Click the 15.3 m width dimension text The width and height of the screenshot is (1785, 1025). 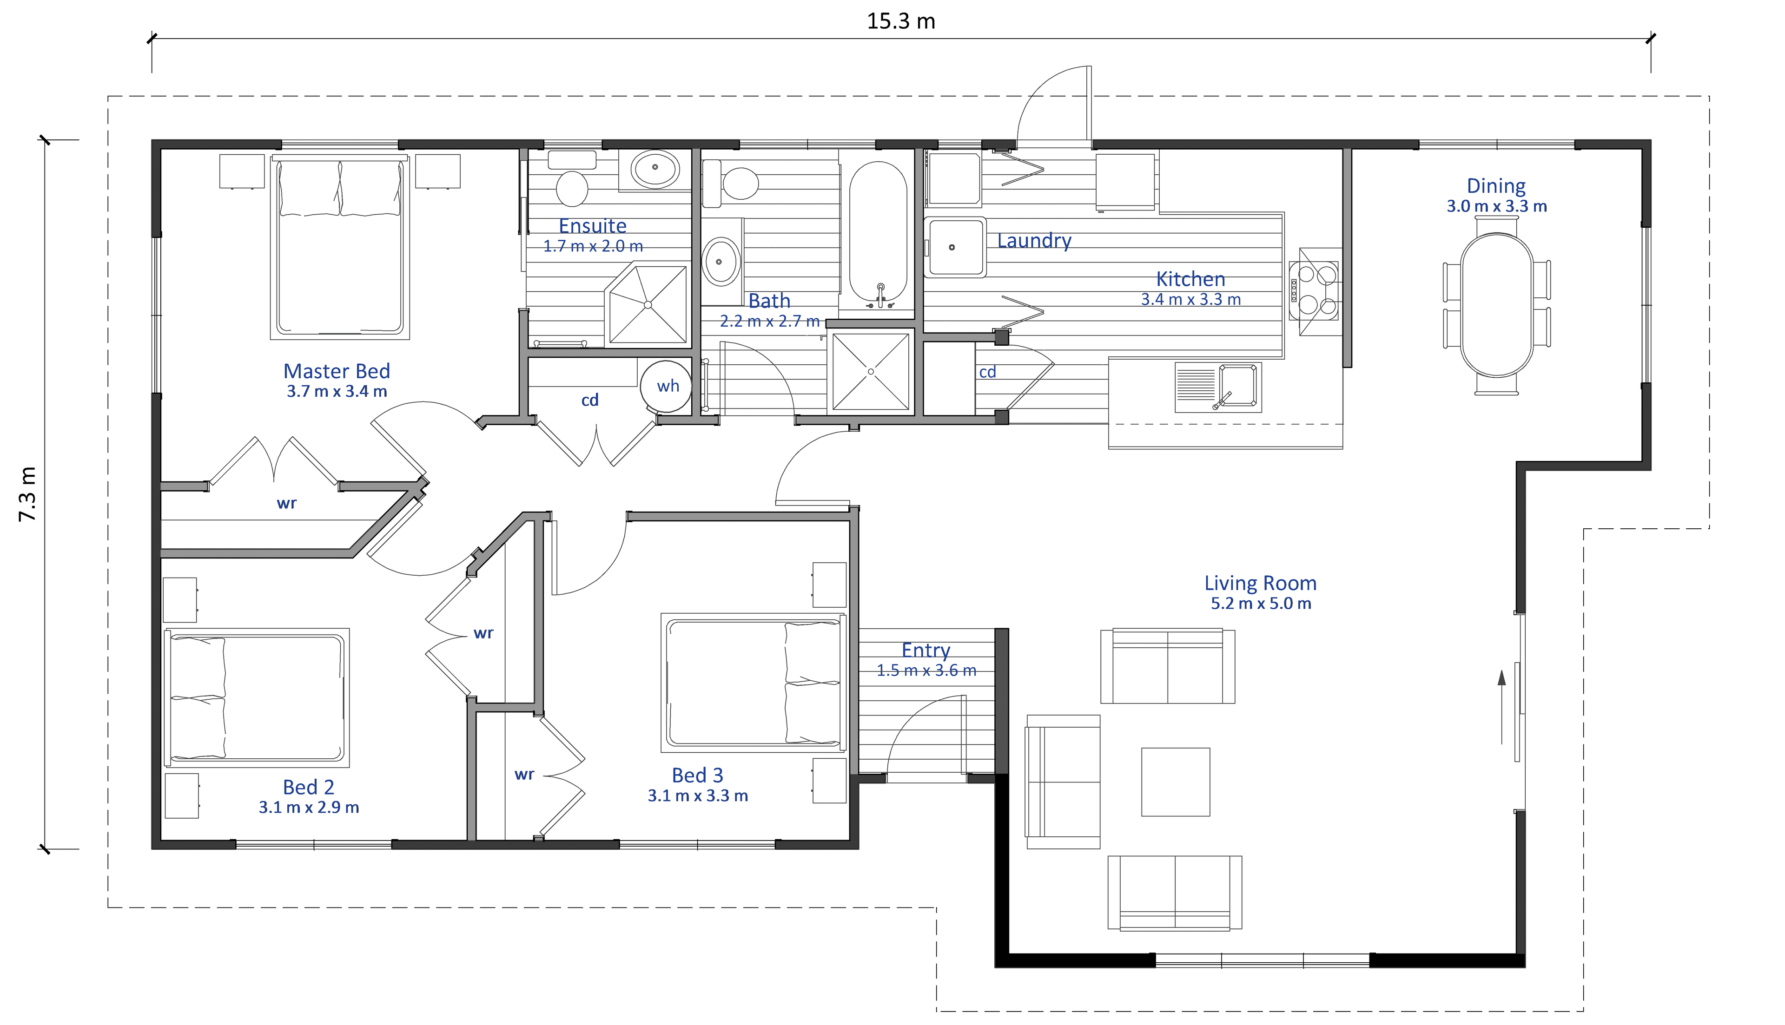click(x=900, y=21)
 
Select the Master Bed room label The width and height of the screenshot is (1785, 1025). click(x=337, y=371)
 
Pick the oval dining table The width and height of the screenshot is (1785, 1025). click(x=1497, y=306)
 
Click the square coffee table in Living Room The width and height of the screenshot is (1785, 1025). click(x=1175, y=782)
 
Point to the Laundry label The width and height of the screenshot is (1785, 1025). click(x=1034, y=241)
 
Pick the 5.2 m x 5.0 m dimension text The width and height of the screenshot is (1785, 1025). click(x=1260, y=603)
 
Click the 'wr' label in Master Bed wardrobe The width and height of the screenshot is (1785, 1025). click(x=287, y=503)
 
